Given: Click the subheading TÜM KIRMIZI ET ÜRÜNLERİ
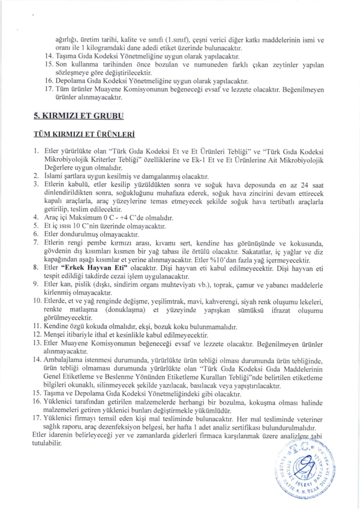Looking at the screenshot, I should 84,135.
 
